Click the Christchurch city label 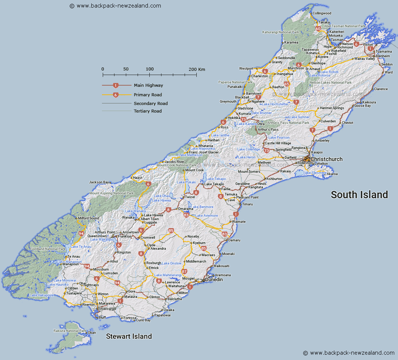[326, 159]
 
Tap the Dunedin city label [214, 280]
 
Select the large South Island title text [359, 195]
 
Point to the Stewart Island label [129, 336]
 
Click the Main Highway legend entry [148, 86]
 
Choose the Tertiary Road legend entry [147, 111]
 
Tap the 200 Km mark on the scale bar [197, 69]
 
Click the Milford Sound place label [88, 218]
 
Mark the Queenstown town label [97, 236]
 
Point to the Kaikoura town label [369, 102]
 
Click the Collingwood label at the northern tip [322, 13]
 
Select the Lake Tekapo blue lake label [216, 179]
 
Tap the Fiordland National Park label [48, 249]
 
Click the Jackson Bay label [99, 182]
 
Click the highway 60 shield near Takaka [318, 28]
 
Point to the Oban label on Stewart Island [92, 332]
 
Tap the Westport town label [246, 69]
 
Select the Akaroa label [332, 174]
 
